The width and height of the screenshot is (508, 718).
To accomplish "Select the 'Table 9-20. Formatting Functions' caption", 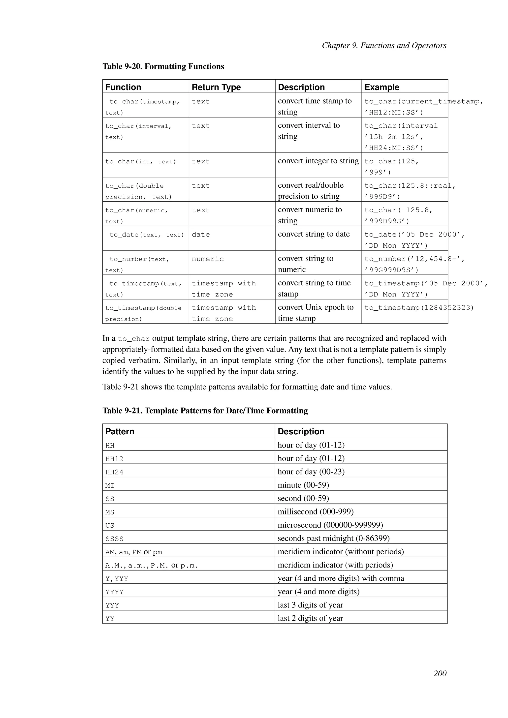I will click(163, 67).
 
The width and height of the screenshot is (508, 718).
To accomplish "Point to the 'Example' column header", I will click(382, 87).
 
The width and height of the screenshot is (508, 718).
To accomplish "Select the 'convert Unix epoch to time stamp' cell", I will click(315, 313).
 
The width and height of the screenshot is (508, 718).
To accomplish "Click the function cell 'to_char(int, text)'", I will click(140, 162).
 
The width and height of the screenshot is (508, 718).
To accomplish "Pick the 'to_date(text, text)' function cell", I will click(146, 235).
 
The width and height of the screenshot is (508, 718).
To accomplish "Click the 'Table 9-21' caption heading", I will click(205, 411).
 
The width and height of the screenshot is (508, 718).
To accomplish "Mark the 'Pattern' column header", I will click(120, 432).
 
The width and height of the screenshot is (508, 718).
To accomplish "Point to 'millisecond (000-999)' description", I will click(315, 512).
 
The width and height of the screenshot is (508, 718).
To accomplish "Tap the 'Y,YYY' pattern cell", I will click(117, 579).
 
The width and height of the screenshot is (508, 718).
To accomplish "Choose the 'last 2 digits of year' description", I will click(310, 619).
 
